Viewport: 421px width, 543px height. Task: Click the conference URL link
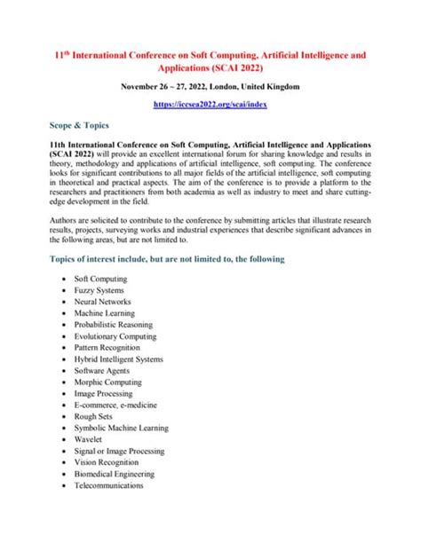(x=210, y=104)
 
